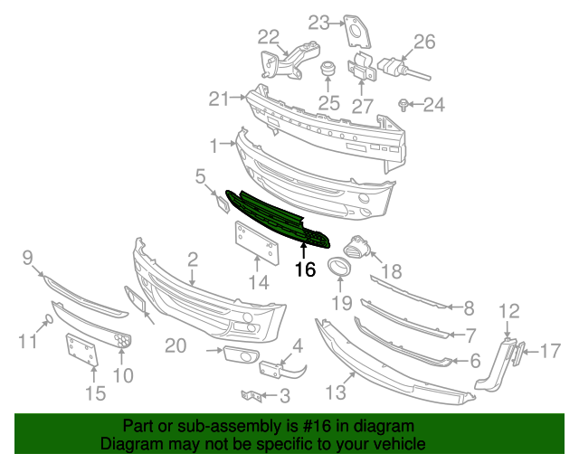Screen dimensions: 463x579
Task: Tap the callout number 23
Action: (x=319, y=22)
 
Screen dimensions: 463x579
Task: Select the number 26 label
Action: (x=424, y=41)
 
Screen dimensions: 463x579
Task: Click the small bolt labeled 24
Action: (x=404, y=106)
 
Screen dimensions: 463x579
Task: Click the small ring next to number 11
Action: (x=51, y=318)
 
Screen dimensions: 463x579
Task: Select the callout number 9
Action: (x=27, y=260)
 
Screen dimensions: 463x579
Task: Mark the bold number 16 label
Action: (x=304, y=269)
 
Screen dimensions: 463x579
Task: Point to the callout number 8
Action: (x=468, y=308)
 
